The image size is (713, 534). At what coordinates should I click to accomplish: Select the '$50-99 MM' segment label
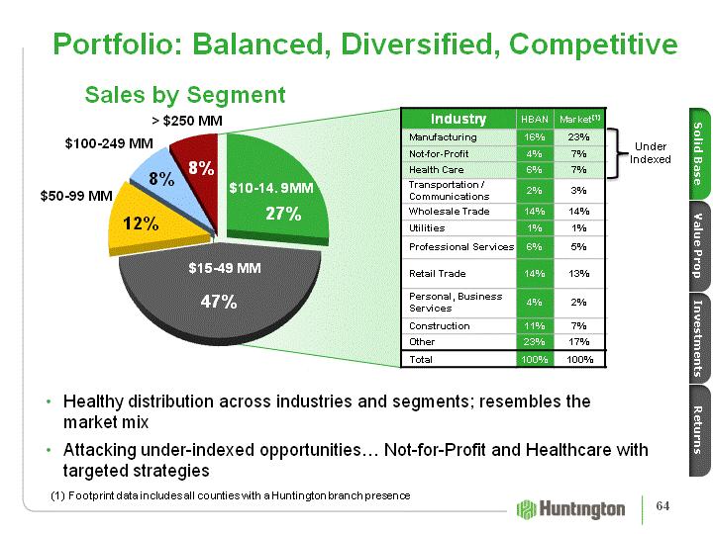click(x=76, y=196)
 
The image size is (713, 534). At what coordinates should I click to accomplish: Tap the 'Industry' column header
click(x=458, y=119)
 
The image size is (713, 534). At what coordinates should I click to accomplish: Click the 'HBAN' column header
click(x=534, y=120)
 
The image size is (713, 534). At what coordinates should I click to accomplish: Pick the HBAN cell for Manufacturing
click(x=534, y=137)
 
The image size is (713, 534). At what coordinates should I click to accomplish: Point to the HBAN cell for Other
click(x=534, y=341)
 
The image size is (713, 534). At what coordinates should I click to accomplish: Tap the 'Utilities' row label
click(x=428, y=227)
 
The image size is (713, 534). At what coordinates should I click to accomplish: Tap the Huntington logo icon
click(x=527, y=508)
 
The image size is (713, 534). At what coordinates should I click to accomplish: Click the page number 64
click(x=662, y=507)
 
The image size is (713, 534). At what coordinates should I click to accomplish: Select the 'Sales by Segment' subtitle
click(x=185, y=95)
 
